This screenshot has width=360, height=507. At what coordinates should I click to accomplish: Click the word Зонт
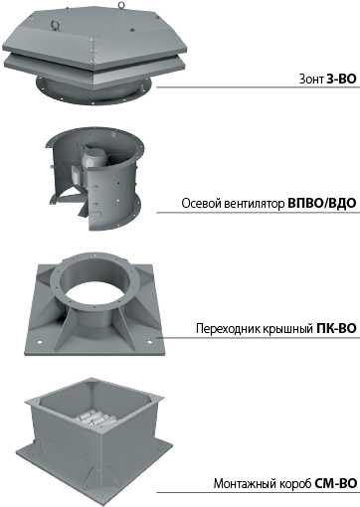tap(311, 79)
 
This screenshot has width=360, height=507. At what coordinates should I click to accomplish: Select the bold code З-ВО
tap(341, 79)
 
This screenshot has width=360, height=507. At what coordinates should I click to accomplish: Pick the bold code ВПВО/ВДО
tap(322, 203)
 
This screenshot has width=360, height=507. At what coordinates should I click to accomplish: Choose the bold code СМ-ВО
tap(335, 483)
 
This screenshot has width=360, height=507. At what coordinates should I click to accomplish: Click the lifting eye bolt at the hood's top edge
tap(121, 4)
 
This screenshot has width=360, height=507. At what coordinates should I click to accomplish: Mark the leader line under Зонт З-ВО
tap(258, 87)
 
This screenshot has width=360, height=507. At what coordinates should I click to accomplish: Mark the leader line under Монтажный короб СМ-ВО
tap(258, 492)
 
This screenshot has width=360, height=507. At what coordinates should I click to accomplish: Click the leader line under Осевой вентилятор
tap(258, 212)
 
